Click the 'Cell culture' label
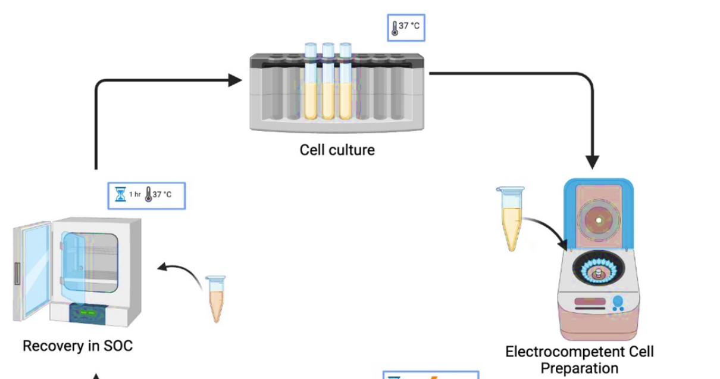(x=337, y=150)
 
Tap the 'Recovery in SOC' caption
(x=77, y=346)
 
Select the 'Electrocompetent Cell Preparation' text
(x=579, y=359)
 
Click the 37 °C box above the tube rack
(x=406, y=27)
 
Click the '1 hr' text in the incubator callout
(x=135, y=195)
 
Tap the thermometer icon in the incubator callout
(x=148, y=195)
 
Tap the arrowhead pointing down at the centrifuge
(x=592, y=161)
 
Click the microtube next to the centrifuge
(x=512, y=218)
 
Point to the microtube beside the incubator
(x=215, y=298)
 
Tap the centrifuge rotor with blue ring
(x=597, y=271)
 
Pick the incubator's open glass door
(x=32, y=268)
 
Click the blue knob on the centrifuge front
(x=618, y=301)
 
